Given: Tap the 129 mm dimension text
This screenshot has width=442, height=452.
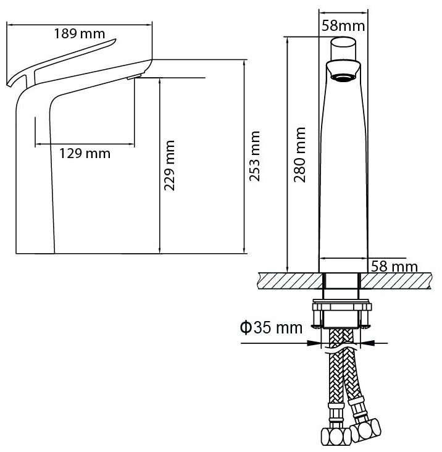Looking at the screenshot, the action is click(85, 153).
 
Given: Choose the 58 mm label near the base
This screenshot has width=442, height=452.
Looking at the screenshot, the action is click(393, 266).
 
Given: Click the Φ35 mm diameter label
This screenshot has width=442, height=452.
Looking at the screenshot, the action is click(271, 327).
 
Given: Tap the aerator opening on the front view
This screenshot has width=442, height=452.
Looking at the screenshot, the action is click(343, 77).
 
